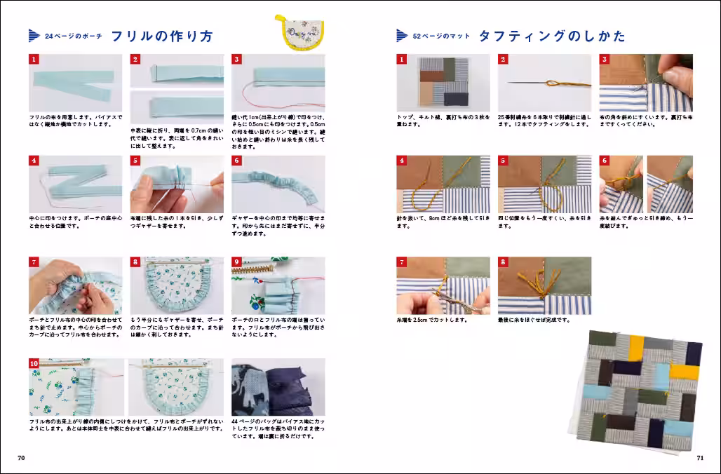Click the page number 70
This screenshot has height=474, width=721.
click(x=21, y=458)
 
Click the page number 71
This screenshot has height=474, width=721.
click(x=699, y=458)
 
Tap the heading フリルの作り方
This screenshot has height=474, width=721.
click(x=162, y=36)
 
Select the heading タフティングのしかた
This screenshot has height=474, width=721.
click(x=552, y=36)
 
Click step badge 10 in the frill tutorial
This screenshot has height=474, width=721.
click(x=34, y=364)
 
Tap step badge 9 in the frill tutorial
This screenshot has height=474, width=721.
click(x=236, y=262)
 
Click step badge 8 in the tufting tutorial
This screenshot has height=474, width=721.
click(x=503, y=262)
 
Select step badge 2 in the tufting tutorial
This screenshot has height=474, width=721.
click(x=503, y=60)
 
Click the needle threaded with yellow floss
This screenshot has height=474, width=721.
click(x=544, y=83)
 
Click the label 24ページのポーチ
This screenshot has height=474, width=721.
click(x=73, y=36)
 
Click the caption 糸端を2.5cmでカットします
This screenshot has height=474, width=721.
click(x=432, y=320)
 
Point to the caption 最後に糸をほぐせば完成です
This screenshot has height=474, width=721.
click(x=534, y=320)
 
